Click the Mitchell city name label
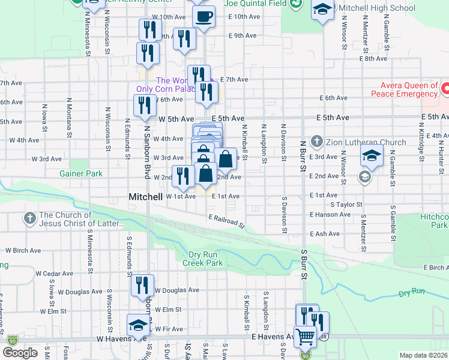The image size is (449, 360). pos(146,197)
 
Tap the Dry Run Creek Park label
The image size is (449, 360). pos(203,259)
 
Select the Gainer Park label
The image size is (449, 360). pos(81,173)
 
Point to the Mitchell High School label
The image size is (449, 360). pos(376,8)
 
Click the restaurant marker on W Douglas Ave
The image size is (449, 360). pos(142,284)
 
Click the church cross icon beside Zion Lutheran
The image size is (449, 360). pos(318,142)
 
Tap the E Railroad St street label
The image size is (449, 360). pos(226,221)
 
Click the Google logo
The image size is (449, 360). pos(20,353)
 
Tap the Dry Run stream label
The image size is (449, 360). pos(411,293)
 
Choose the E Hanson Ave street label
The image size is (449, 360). pos(330,214)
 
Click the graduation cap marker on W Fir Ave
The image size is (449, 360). pos(138,326)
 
